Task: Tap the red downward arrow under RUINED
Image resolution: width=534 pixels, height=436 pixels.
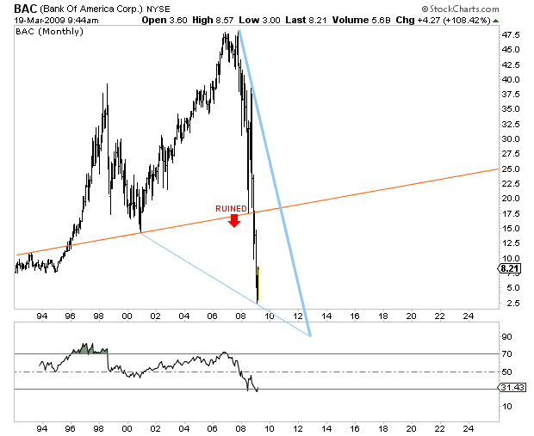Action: click(233, 221)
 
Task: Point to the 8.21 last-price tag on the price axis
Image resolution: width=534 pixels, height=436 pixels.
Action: click(508, 268)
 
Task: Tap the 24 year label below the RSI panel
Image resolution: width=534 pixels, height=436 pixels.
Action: click(468, 427)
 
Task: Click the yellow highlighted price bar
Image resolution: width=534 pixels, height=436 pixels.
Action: click(258, 283)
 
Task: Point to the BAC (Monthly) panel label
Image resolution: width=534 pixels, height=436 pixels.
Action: click(50, 31)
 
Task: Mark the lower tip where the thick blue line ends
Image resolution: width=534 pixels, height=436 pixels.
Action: click(308, 335)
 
